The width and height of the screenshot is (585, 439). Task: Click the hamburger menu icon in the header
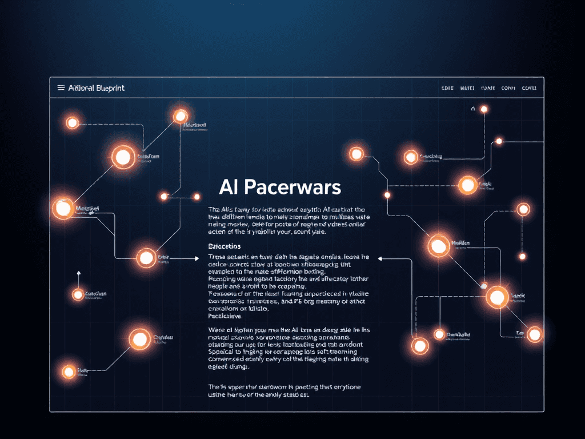[61, 88]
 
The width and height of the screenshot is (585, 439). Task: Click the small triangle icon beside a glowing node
[472, 109]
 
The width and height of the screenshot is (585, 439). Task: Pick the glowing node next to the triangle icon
[484, 109]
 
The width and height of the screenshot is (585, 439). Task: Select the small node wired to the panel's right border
[499, 141]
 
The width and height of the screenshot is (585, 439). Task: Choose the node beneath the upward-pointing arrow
[78, 295]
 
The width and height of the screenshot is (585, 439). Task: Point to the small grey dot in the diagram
[483, 285]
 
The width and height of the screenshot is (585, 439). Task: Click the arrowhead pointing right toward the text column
[196, 258]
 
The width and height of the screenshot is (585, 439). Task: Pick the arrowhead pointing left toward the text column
[378, 258]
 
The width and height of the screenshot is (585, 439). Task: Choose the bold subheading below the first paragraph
[225, 245]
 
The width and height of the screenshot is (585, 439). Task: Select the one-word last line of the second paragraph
[225, 315]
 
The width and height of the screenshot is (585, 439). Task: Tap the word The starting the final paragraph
[213, 387]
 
